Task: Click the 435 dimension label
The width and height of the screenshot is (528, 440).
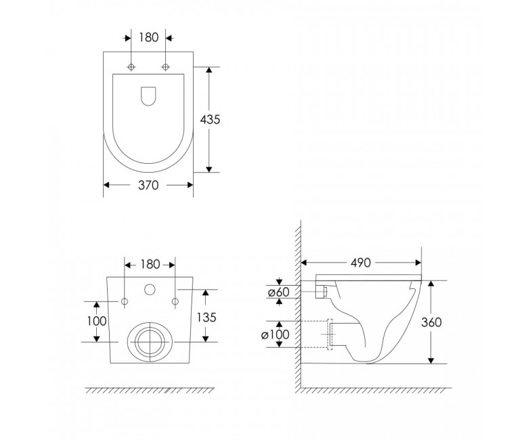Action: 210,120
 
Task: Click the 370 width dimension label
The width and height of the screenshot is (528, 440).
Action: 148,185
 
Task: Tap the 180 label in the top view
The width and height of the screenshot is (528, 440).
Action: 148,37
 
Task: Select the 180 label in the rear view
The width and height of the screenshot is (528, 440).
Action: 150,265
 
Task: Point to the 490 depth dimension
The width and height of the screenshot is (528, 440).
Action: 361,263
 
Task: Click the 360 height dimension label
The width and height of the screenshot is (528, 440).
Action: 431,322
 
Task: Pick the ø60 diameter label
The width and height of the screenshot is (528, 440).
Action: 278,292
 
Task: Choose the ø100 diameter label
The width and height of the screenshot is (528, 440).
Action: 275,334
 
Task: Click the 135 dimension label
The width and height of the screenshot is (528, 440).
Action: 206,317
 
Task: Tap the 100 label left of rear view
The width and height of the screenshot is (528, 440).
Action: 97,321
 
